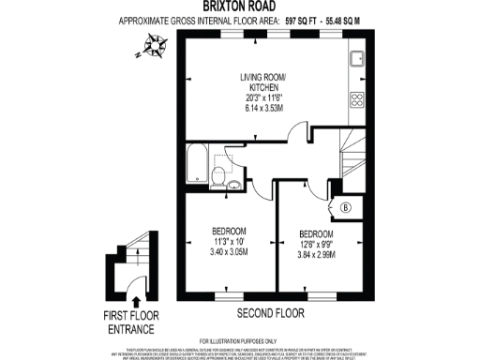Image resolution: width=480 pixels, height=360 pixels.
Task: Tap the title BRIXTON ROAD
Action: pos(239,7)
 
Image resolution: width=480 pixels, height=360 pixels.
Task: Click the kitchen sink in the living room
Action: pos(357,59)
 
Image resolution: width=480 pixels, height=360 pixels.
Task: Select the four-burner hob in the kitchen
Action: pos(357,99)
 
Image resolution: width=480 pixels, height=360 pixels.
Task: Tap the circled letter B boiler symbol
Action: pos(347,207)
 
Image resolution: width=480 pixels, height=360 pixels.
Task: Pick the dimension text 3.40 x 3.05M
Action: pos(228,252)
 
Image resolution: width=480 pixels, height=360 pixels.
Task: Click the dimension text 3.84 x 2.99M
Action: pos(316,254)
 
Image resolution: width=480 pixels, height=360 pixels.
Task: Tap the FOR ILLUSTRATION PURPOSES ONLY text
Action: pos(239,340)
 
